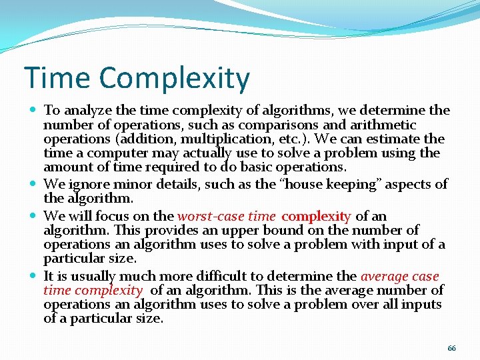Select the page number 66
point(451,349)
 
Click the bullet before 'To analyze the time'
point(33,110)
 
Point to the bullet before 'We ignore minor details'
point(33,184)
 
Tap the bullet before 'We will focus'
point(33,216)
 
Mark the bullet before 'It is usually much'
point(33,276)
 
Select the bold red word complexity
point(316,216)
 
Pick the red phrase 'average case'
point(400,276)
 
